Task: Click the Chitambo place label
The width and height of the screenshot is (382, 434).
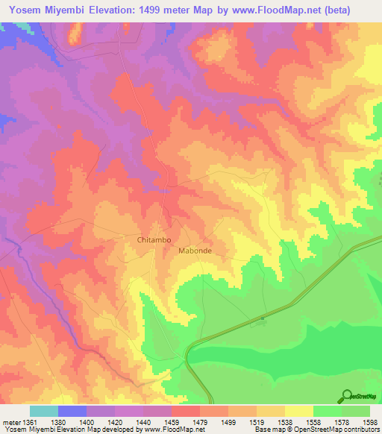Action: click(154, 240)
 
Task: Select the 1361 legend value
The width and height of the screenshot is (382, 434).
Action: click(30, 422)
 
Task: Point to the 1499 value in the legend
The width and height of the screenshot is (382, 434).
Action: click(228, 422)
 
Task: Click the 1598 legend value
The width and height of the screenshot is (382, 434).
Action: click(369, 422)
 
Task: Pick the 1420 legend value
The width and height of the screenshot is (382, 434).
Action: click(115, 422)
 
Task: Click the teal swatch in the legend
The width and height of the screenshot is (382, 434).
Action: click(44, 411)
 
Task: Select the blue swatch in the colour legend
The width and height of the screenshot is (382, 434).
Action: click(72, 411)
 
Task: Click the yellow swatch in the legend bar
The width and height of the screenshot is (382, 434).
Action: click(299, 411)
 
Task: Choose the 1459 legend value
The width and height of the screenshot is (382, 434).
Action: click(172, 422)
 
